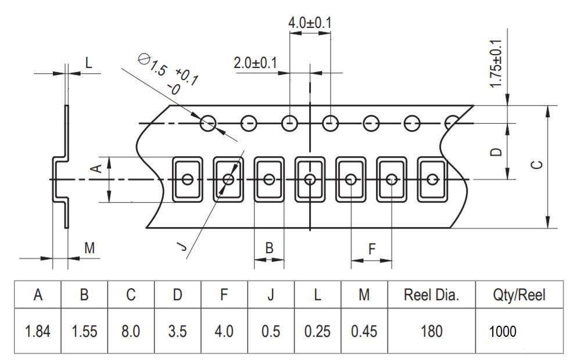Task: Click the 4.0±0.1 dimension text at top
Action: (x=310, y=23)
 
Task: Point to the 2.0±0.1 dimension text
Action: (x=255, y=63)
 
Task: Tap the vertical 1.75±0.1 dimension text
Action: (x=496, y=64)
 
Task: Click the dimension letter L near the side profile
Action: (x=88, y=63)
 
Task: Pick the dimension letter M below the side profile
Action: (x=89, y=248)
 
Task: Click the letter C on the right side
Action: (x=536, y=164)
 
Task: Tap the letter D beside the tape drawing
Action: (x=496, y=152)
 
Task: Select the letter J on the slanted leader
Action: (x=181, y=246)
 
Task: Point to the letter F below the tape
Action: (x=372, y=249)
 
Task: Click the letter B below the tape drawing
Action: (x=269, y=248)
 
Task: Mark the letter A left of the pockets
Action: (x=96, y=168)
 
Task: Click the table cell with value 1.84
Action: (x=38, y=331)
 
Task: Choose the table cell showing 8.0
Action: (x=131, y=331)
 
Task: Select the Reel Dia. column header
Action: (x=431, y=295)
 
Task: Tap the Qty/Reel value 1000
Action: (x=503, y=332)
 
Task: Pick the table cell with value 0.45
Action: (x=364, y=331)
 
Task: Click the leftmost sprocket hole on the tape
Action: (x=208, y=123)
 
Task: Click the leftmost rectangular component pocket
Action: (x=187, y=179)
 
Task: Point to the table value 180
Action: (x=431, y=331)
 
